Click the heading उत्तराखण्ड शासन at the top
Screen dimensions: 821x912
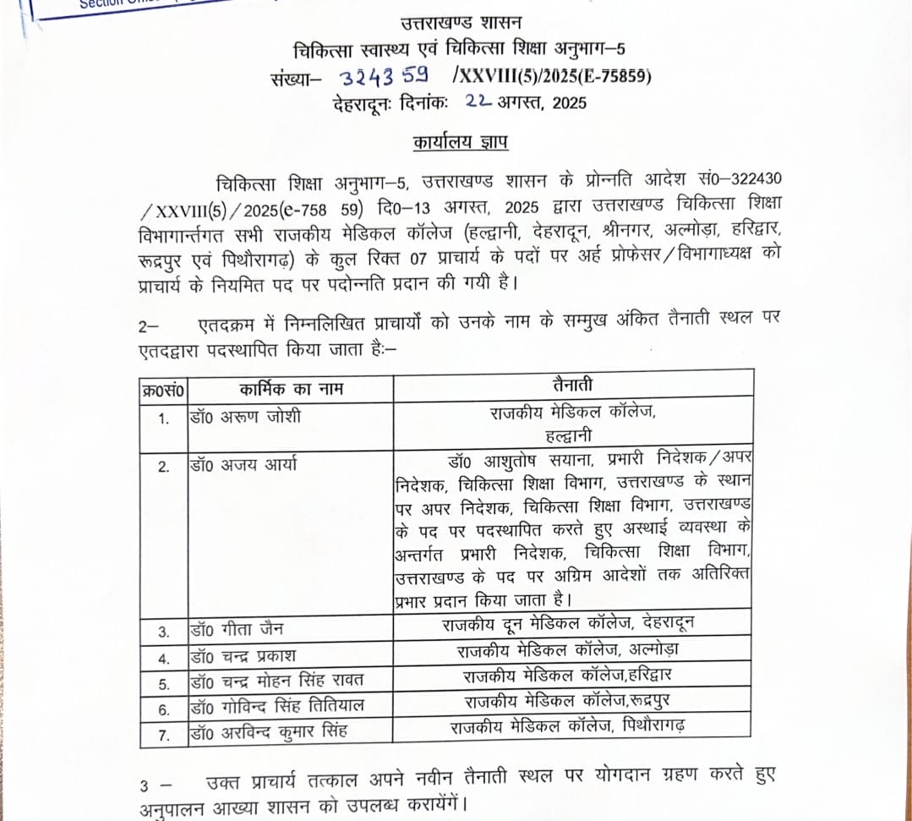tap(461, 23)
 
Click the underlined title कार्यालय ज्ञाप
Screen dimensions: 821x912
tap(461, 142)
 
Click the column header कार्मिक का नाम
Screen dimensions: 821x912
tap(291, 389)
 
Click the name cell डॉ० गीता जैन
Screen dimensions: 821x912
tap(238, 630)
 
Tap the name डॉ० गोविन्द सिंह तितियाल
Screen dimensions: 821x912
tap(277, 706)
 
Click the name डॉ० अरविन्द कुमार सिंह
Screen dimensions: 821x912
tap(270, 731)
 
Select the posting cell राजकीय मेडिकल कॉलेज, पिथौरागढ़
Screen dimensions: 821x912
tap(568, 725)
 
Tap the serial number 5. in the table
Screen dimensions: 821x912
tap(164, 684)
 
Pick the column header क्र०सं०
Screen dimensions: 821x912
tap(163, 390)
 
